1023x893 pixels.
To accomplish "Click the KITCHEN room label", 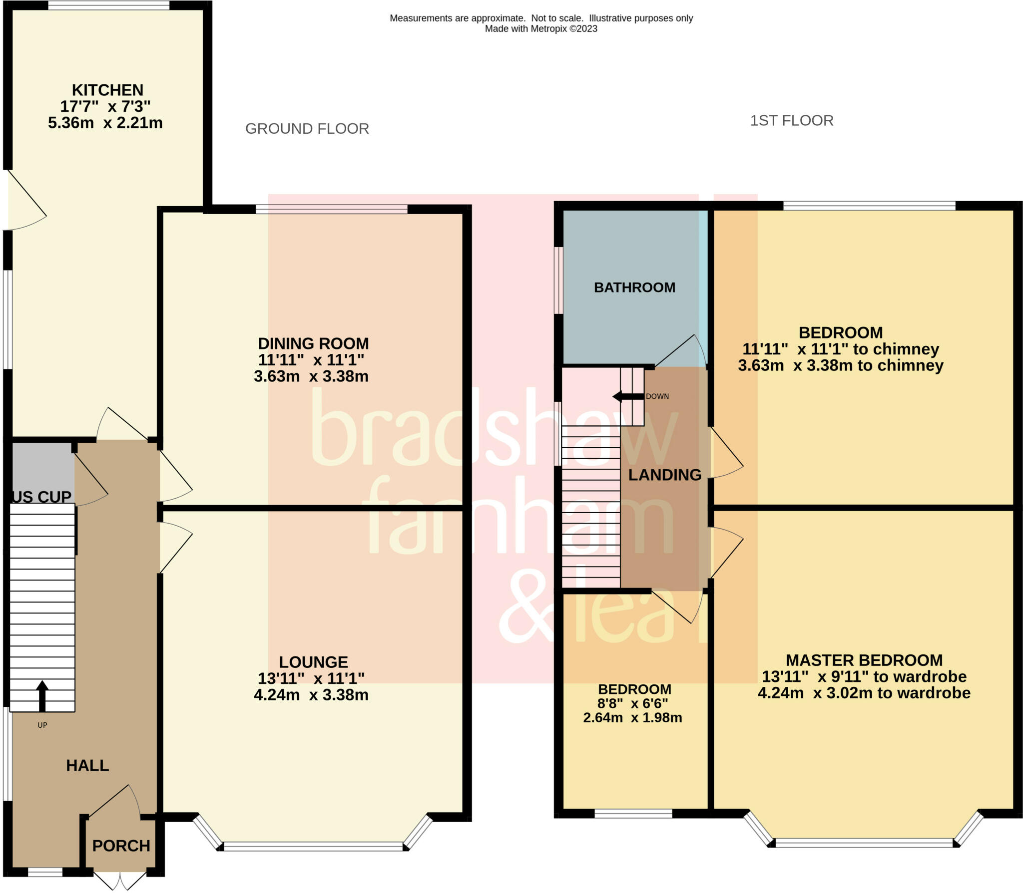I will pos(107,90).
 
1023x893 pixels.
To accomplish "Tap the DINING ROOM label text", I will pos(313,343).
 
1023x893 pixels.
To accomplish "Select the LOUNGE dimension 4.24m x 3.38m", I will pos(311,694).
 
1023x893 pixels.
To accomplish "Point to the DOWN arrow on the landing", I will pos(628,396).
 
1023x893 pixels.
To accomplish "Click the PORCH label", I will pos(121,846).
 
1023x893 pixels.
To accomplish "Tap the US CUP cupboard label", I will pos(42,497).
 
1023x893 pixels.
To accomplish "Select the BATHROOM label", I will pos(634,288).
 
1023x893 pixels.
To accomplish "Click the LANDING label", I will pos(664,475).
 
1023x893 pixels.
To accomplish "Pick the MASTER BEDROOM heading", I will pos(864,660).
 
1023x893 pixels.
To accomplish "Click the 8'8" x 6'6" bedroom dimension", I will pos(632,703).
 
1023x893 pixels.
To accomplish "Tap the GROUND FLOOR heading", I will pos(307,129).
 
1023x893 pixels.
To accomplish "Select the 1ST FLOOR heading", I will pos(791,121).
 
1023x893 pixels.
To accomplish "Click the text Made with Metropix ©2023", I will pos(541,29).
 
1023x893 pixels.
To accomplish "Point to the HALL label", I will pos(87,765).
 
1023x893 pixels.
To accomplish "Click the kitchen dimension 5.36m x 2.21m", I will pos(105,123).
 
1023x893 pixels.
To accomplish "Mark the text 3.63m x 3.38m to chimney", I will pos(840,365).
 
